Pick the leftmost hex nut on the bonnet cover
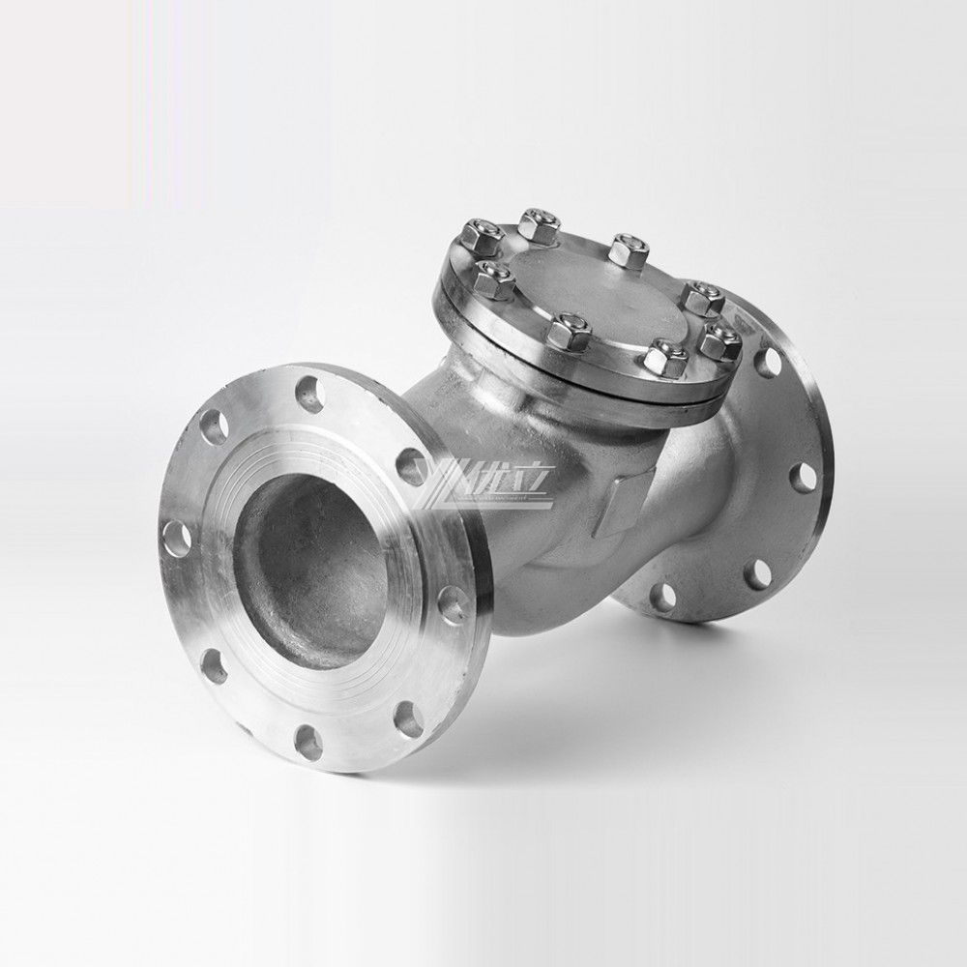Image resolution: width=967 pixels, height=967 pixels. pos(478,235)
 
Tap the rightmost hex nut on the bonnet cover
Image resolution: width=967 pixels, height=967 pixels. pos(718,340)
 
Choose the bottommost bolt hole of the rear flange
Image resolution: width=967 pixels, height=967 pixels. pos(663,596)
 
